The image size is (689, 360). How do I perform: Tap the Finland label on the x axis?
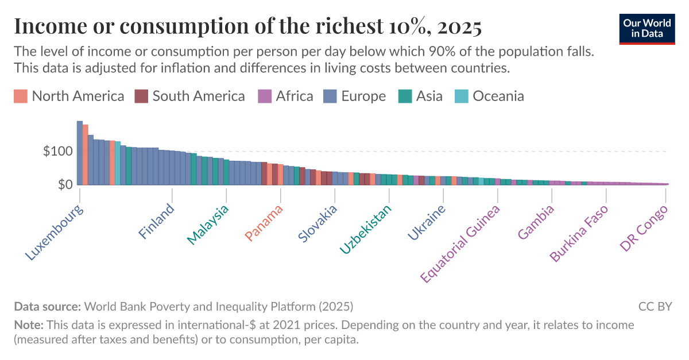(156, 222)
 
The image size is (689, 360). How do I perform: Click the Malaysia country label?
(208, 224)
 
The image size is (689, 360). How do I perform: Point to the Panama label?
(264, 223)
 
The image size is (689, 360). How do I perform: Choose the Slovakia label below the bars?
(318, 224)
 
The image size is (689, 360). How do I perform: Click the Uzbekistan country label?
(366, 229)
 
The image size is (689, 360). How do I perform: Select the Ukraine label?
(427, 223)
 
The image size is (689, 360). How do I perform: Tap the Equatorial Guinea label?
(460, 243)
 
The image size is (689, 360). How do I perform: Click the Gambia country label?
(536, 222)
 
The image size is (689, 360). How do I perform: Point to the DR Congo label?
(644, 228)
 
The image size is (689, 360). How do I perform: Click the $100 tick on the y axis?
(57, 152)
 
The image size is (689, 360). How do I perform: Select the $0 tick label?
(64, 184)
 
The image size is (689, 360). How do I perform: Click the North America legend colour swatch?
(21, 96)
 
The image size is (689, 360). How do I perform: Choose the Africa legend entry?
(287, 96)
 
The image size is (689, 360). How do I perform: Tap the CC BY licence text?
(655, 307)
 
